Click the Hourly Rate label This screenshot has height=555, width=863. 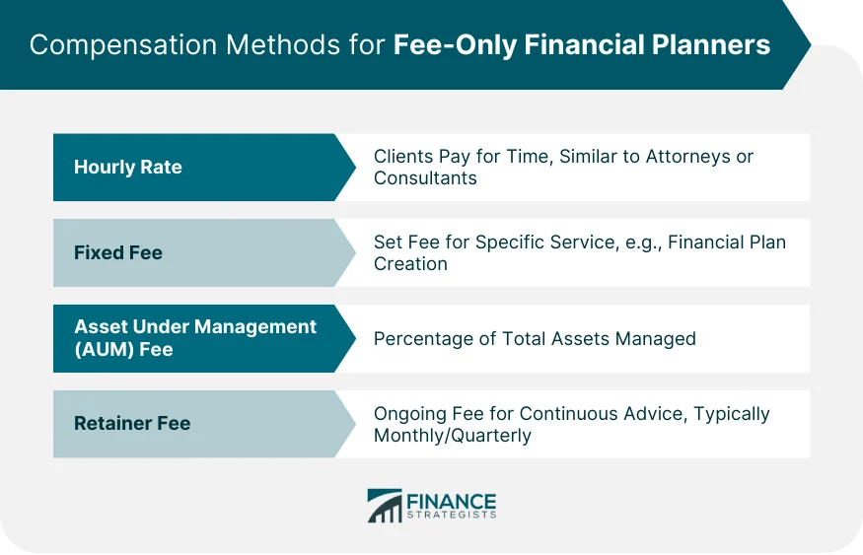click(128, 168)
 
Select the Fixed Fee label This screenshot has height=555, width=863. click(118, 253)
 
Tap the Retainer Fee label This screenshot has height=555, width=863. click(132, 424)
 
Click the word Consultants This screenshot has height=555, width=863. click(425, 178)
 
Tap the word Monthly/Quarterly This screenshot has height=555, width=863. click(453, 436)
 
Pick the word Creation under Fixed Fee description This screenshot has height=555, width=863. click(410, 264)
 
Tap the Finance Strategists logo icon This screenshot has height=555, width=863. click(385, 506)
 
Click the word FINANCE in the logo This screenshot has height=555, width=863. click(452, 500)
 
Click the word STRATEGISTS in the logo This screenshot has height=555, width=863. click(452, 515)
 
